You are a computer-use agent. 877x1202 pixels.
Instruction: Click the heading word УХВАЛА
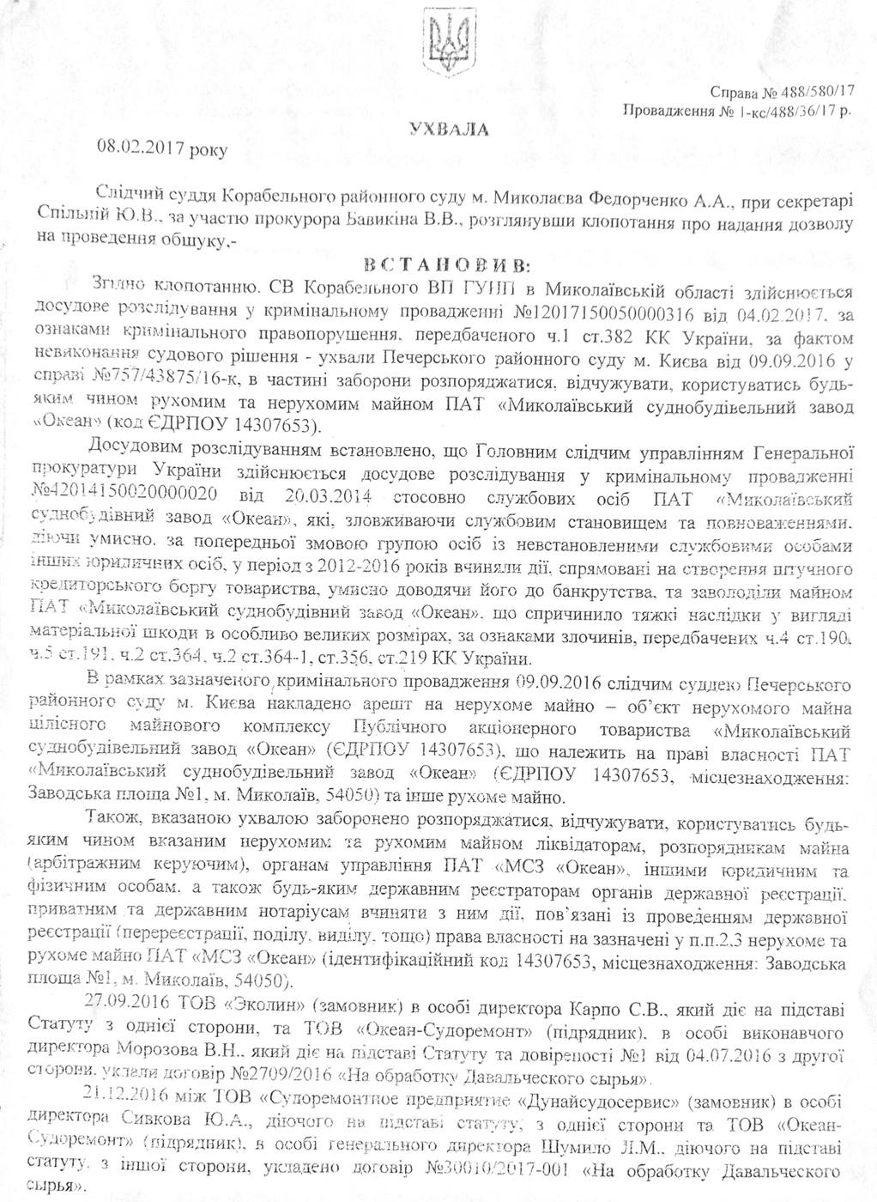tap(449, 130)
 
